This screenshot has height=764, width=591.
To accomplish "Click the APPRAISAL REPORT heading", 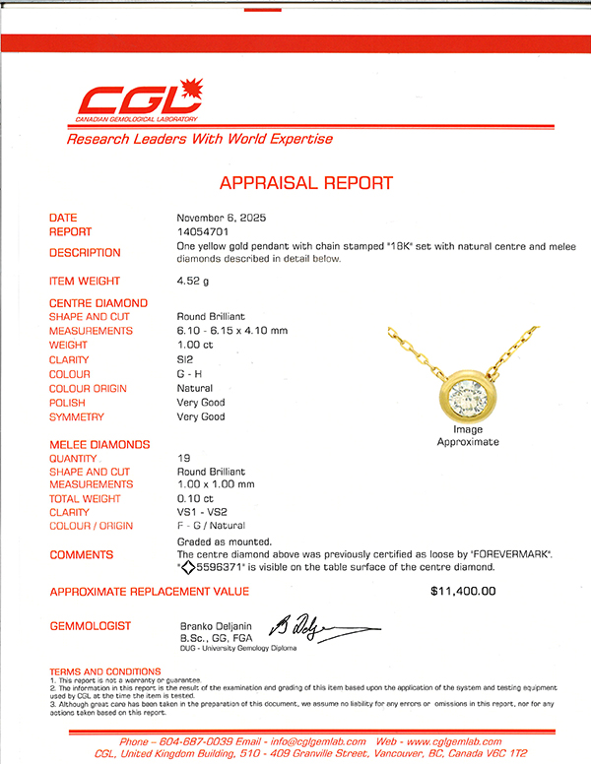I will point(305,183).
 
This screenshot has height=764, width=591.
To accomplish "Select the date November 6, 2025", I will point(222,218).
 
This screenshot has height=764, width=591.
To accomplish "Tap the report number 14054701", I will point(203,232).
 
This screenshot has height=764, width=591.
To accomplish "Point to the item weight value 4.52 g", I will point(193,282).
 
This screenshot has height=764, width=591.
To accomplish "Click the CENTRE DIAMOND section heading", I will point(98,303).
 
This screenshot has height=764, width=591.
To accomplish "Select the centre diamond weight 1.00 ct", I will point(196,346).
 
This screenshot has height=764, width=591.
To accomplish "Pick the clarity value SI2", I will point(185,360).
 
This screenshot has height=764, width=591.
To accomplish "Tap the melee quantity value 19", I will point(182,458).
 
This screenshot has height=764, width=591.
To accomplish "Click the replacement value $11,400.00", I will point(463,592).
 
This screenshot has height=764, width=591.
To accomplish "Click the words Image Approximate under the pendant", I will point(468,436).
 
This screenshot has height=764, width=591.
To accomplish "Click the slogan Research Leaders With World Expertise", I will point(200,139).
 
